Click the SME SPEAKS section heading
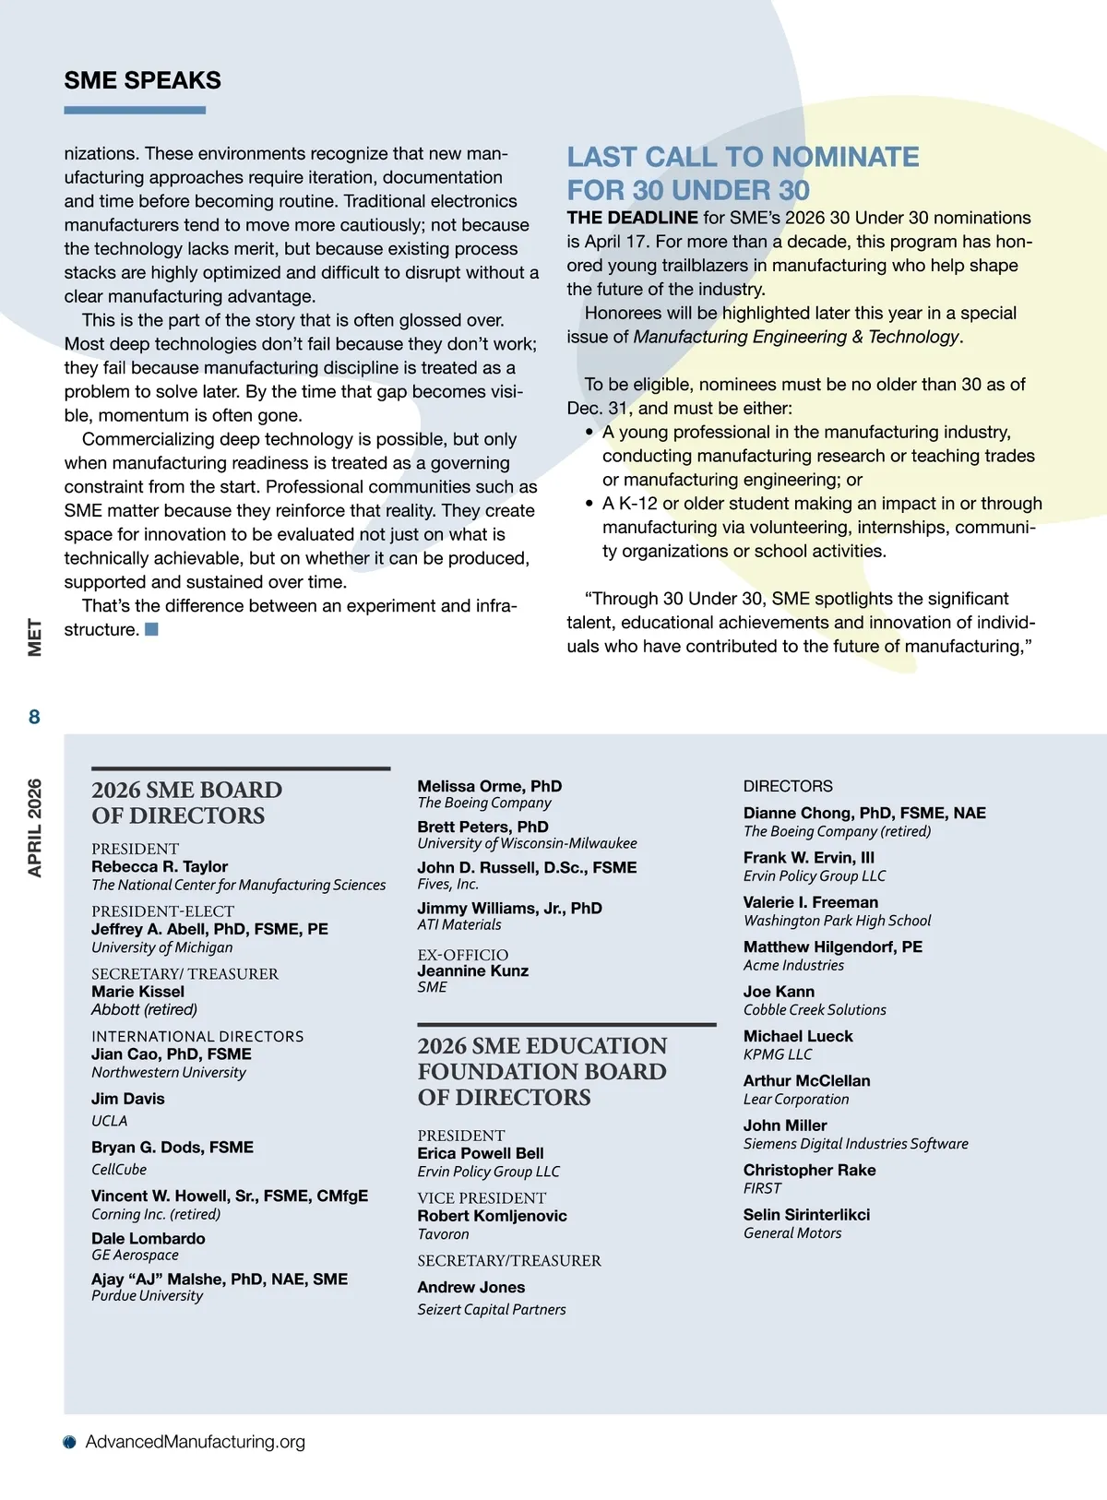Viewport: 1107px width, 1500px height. click(142, 80)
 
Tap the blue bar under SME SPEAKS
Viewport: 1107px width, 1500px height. click(135, 110)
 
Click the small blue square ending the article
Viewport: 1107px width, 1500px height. click(152, 629)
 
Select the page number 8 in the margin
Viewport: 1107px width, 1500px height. click(34, 717)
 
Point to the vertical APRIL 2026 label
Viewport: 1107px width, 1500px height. click(34, 827)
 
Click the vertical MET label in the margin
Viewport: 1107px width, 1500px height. click(34, 637)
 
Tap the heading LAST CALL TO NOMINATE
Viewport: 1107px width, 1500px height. click(743, 157)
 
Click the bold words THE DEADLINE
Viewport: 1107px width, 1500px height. click(632, 218)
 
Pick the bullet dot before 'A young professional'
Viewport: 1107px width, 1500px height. click(589, 432)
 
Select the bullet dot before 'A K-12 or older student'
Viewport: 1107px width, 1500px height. click(589, 504)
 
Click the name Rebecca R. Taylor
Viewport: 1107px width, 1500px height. click(160, 866)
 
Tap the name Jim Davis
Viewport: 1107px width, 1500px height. click(127, 1099)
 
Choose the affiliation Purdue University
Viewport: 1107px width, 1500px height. click(147, 1296)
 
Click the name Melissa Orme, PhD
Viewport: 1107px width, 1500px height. click(489, 786)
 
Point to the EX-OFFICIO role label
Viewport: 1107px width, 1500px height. click(462, 955)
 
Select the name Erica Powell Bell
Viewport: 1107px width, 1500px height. click(480, 1153)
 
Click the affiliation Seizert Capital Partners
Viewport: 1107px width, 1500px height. click(491, 1309)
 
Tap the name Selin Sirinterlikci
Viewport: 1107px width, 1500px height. click(806, 1215)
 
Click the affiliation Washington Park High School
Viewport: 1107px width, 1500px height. click(837, 921)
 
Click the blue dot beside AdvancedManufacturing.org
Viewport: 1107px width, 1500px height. click(69, 1442)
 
